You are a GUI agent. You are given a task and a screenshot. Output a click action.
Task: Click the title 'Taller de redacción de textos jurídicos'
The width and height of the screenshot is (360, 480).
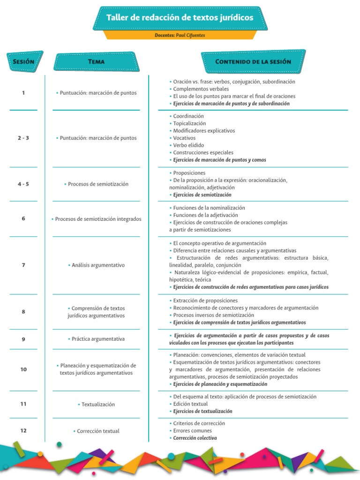click(180, 18)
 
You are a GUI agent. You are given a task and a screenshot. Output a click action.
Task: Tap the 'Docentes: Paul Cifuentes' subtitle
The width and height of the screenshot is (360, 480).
click(180, 35)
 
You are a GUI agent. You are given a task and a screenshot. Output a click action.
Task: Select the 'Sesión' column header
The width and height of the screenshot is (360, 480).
click(23, 61)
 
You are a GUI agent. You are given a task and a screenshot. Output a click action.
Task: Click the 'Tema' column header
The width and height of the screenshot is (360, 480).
click(97, 61)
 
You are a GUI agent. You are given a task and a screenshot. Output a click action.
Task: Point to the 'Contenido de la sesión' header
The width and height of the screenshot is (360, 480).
click(253, 61)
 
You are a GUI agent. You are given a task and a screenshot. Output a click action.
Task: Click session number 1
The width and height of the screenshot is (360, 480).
click(23, 93)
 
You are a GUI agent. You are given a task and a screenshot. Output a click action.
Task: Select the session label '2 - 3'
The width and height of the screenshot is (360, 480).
click(23, 138)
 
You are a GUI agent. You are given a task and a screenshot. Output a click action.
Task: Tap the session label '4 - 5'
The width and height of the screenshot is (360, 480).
click(23, 184)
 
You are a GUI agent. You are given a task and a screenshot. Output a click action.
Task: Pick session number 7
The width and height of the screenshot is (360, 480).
click(23, 265)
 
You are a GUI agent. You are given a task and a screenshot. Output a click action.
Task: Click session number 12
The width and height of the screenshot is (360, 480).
click(23, 431)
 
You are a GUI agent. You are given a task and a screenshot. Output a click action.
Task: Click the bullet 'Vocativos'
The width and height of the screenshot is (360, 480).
click(184, 138)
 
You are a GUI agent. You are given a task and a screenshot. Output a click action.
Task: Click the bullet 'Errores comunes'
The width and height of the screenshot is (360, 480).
click(192, 431)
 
